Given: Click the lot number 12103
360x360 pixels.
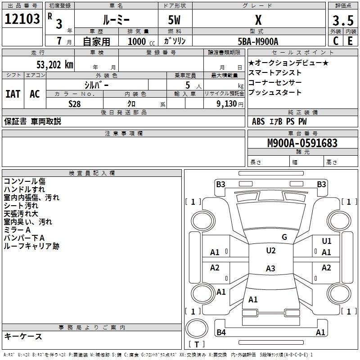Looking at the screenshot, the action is pos(22,19).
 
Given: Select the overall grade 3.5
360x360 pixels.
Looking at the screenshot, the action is pos(343,20).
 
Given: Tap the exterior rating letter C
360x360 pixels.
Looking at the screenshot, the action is pos(336,41).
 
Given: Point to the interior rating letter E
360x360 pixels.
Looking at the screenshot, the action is pos(350,41).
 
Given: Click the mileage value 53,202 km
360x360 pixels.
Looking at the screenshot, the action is pos(55,65).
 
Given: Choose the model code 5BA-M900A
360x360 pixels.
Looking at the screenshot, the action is pos(258,41).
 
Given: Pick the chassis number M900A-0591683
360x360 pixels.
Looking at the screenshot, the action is pos(302,143).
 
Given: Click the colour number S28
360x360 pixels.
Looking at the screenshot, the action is pos(75,104).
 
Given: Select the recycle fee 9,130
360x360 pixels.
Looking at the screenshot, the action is pos(227,104).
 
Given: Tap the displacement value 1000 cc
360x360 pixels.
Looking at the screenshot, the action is pos(141,41).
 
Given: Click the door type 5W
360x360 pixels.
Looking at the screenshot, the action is pos(174,20).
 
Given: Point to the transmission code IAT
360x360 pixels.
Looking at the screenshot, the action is pos(13,94).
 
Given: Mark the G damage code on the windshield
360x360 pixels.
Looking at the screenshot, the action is pos(284,237).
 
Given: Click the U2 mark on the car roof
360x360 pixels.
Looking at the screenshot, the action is pos(271,251).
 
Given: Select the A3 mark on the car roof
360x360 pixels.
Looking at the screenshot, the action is pos(270,268).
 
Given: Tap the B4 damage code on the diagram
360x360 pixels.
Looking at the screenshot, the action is pos(221,332).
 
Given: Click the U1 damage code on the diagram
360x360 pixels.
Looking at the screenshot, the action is pos(327,241).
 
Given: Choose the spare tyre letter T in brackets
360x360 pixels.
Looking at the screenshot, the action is pos(197,344).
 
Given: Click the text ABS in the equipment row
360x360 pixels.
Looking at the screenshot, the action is pos(258,121).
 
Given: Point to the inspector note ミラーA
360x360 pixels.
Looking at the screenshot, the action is pos(17,230).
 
